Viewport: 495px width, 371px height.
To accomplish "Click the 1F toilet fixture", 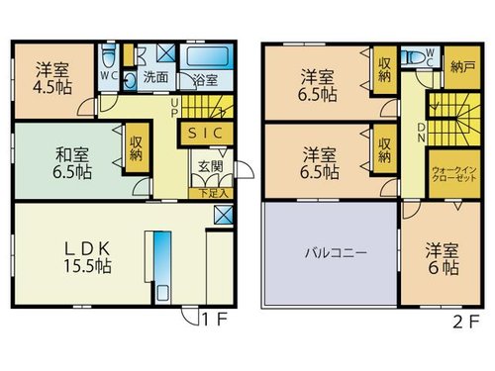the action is tap(109, 55).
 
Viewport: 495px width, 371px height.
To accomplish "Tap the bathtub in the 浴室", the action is tap(207, 55).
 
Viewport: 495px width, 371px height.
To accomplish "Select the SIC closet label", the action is tap(205, 133).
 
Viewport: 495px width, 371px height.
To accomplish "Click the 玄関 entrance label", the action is tap(211, 166).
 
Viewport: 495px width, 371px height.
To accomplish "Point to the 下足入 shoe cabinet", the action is tap(211, 193).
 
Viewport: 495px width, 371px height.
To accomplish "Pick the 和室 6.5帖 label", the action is tap(72, 163).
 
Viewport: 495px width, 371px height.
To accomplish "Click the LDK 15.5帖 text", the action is tap(87, 258).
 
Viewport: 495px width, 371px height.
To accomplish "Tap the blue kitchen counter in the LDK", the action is tap(162, 267).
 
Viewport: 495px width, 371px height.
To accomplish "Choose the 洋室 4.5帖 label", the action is tap(52, 78).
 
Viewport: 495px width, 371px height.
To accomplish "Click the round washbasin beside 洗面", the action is tap(131, 80).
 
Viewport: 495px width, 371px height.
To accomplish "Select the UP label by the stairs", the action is tap(174, 108).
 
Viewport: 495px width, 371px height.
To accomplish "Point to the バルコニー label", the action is tap(336, 253).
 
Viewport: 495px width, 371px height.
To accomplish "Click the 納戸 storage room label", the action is tap(462, 67).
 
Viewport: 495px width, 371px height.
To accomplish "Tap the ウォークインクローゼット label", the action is tap(454, 174).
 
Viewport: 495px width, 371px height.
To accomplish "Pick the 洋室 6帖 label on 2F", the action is tap(443, 259).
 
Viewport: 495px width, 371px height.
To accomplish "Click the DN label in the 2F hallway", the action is tap(422, 133).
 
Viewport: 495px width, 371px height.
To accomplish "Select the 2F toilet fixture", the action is tap(415, 58).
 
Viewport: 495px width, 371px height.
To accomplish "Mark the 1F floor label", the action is tap(215, 320).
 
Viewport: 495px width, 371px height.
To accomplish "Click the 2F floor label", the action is tap(466, 323).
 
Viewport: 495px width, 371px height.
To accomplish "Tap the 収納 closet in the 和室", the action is tap(136, 147).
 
